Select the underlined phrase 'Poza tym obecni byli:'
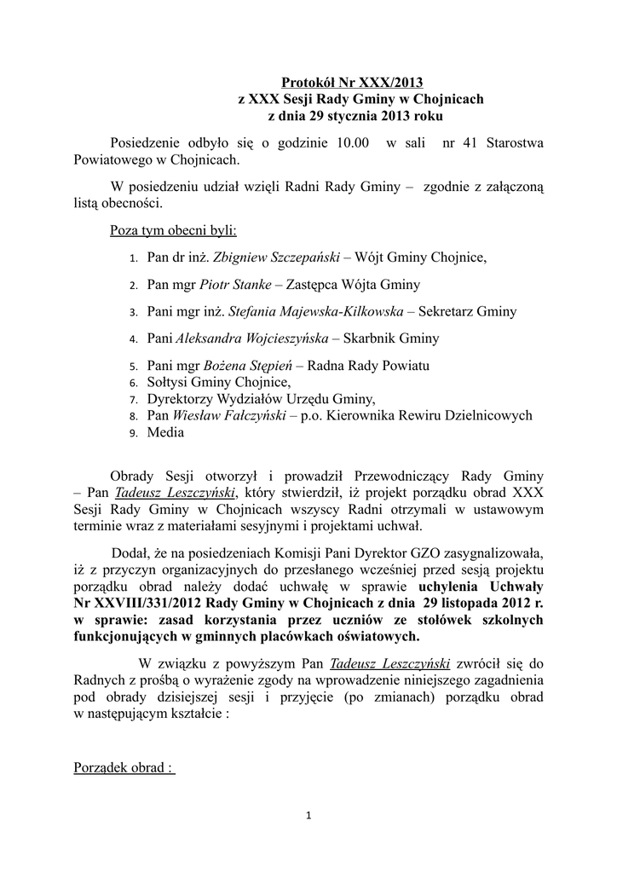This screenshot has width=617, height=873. tap(174, 231)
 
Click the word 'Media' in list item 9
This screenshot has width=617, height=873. tap(165, 432)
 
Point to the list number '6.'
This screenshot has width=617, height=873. tap(134, 383)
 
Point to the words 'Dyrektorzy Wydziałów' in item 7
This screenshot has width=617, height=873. tap(210, 399)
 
